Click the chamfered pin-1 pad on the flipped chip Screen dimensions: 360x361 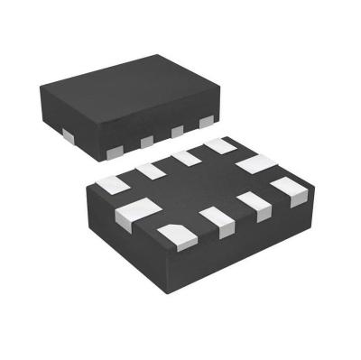(177, 234)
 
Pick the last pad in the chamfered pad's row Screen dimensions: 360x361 (290, 190)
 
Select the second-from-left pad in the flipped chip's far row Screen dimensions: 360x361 (149, 171)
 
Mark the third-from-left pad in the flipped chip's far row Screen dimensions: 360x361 (186, 158)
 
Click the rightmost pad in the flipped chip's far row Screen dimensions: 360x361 (219, 145)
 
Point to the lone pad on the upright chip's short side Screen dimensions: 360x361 (68, 134)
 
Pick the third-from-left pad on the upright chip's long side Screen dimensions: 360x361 (177, 132)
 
